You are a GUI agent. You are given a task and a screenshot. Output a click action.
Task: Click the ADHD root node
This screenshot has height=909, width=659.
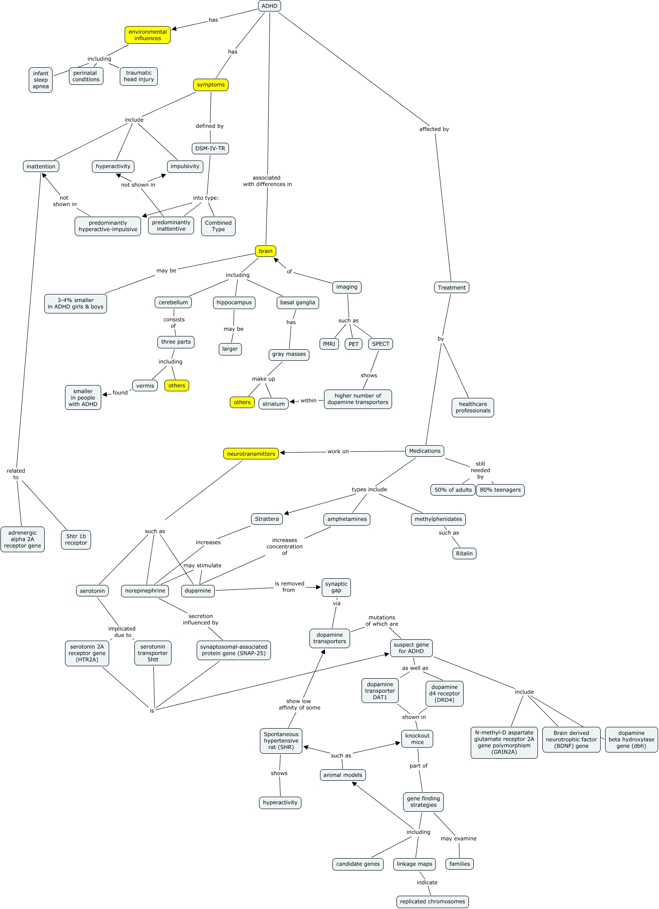(x=269, y=6)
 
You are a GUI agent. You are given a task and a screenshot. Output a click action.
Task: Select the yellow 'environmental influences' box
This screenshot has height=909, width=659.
(x=148, y=35)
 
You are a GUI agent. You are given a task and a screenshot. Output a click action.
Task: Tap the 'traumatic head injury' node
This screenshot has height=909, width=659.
(x=139, y=76)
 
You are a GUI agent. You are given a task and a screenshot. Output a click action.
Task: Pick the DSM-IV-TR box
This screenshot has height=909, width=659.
(x=210, y=149)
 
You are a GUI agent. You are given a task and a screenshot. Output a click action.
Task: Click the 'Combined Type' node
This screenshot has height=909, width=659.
(x=218, y=226)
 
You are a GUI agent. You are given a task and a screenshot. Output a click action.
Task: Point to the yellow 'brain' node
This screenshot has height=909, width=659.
(x=266, y=251)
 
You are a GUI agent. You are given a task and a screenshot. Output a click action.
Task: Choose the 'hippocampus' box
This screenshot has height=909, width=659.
(x=234, y=302)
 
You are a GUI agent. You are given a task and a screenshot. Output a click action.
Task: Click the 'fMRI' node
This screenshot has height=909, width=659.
(x=329, y=344)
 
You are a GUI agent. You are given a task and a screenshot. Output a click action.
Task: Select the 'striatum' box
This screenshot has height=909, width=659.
(x=274, y=404)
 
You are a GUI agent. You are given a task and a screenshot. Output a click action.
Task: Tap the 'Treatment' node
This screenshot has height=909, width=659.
(x=451, y=287)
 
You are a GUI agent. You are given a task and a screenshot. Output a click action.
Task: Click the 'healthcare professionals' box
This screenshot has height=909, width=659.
(x=473, y=407)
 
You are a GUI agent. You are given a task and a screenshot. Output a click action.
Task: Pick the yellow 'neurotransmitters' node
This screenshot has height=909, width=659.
(x=251, y=454)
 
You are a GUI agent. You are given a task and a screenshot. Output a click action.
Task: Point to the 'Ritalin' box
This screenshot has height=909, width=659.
(x=464, y=554)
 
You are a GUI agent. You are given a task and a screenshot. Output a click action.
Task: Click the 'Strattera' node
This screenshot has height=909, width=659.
(x=267, y=519)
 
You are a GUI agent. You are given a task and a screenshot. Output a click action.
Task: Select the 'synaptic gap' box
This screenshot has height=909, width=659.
(x=336, y=587)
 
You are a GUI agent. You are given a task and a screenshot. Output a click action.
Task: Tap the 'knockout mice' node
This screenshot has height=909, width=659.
(x=417, y=739)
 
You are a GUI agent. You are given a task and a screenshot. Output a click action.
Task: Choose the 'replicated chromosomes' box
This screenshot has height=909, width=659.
(x=432, y=901)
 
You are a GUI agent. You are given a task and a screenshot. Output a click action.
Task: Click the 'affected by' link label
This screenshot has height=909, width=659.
(x=434, y=129)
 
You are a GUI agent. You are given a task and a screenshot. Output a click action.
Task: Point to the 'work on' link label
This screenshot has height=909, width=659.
(x=338, y=451)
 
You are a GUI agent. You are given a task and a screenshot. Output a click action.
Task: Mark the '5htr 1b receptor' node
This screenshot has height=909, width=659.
(x=76, y=539)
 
